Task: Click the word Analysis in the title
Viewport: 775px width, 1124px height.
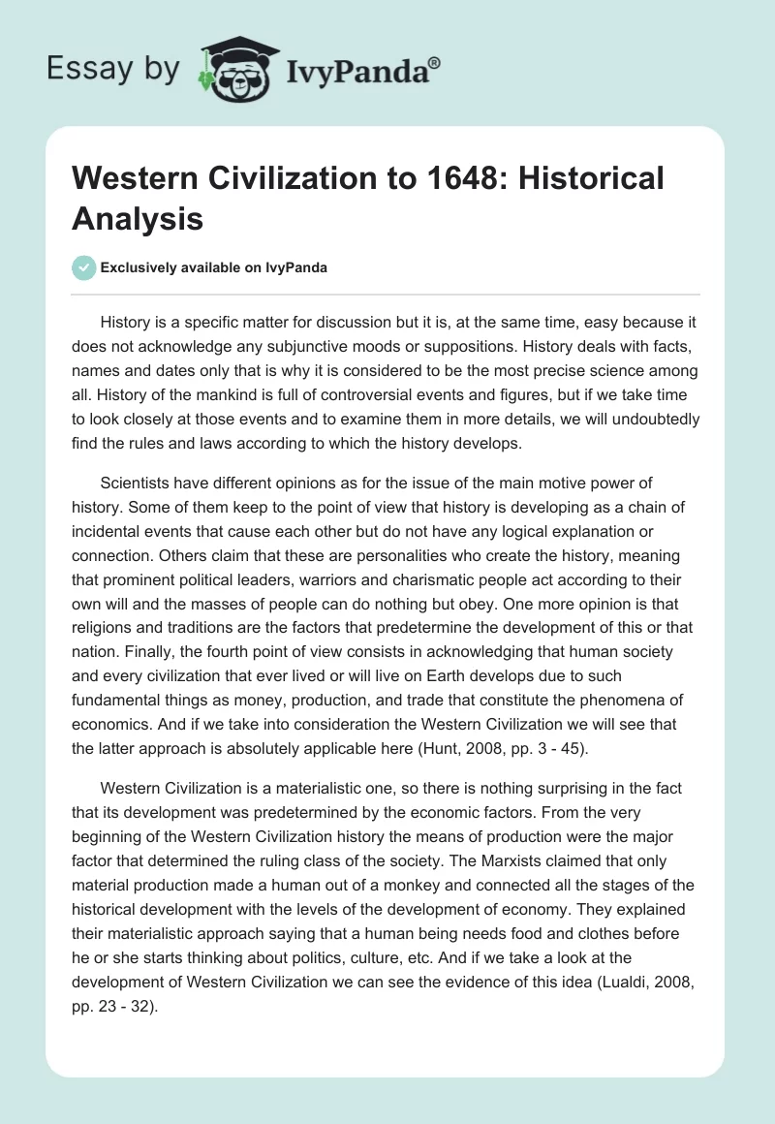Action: [x=138, y=218]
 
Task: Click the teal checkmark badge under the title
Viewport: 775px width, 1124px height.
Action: [x=84, y=268]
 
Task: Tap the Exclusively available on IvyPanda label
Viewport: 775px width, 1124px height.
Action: [x=214, y=268]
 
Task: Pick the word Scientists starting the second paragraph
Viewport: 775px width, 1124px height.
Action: [x=139, y=481]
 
